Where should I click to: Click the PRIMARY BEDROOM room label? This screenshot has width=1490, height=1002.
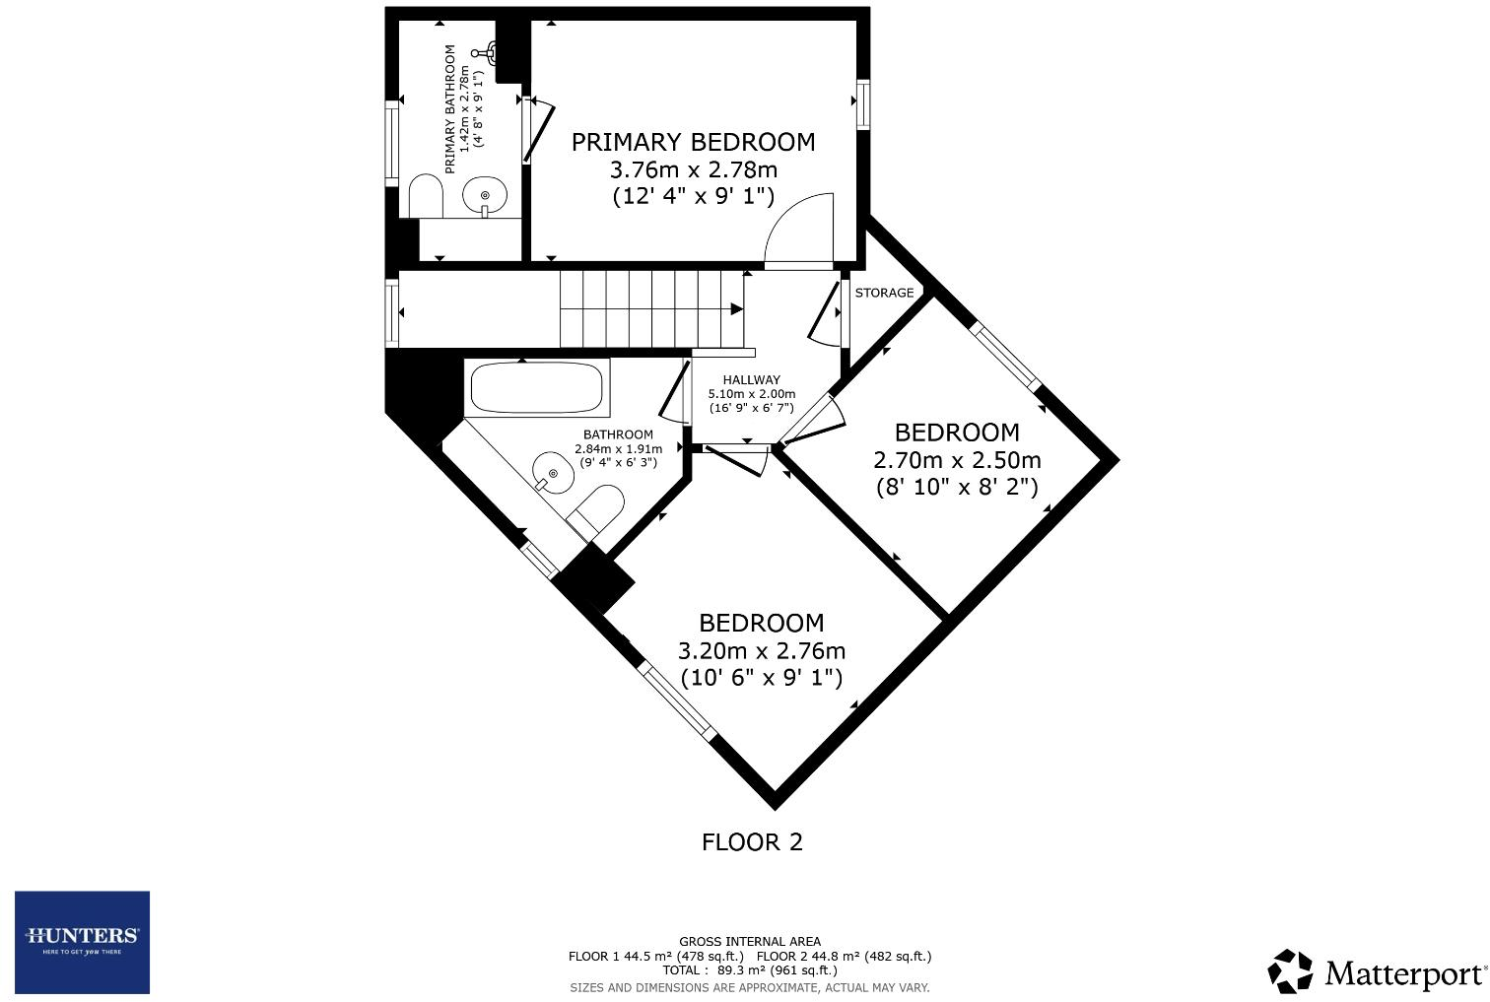click(x=693, y=142)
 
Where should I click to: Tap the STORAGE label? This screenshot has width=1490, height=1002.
click(x=884, y=293)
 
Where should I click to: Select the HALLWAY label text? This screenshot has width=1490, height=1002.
click(x=751, y=379)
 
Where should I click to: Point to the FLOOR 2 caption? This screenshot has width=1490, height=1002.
click(x=752, y=841)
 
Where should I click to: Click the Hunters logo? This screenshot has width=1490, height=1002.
click(x=82, y=942)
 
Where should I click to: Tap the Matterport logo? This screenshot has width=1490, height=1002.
click(x=1377, y=972)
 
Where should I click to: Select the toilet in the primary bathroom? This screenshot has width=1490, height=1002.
click(x=425, y=196)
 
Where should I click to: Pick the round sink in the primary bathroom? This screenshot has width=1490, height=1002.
click(x=484, y=194)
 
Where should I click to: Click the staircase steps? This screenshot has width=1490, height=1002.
click(x=650, y=308)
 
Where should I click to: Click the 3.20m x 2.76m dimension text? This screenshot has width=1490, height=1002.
click(x=761, y=651)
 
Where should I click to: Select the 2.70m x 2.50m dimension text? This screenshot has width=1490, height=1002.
click(x=957, y=460)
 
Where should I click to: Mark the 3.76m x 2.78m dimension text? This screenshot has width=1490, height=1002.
click(x=693, y=169)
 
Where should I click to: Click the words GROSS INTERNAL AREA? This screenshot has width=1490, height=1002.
click(x=749, y=942)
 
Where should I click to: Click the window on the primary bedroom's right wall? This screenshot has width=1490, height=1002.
click(x=863, y=103)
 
